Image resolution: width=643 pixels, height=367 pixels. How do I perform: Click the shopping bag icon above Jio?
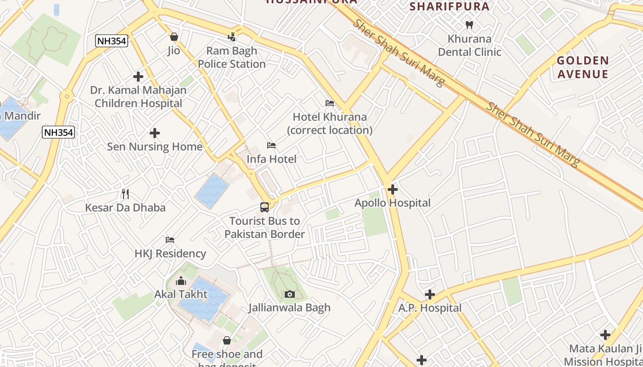[174, 37]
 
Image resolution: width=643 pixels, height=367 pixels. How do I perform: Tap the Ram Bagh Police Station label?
[231, 57]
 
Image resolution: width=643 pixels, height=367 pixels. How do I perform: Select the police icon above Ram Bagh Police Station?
[232, 37]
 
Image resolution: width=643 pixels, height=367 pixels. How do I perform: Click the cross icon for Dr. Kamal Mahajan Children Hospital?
[138, 77]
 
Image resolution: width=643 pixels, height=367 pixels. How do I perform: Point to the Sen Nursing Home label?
[154, 147]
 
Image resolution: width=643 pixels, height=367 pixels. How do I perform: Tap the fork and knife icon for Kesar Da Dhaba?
[125, 194]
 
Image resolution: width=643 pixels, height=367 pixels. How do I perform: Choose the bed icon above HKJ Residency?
[170, 240]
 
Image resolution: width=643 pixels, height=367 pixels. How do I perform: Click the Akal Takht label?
[180, 294]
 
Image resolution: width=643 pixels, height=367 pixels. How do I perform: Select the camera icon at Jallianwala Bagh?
[289, 294]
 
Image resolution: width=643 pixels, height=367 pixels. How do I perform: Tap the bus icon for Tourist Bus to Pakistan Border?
[265, 207]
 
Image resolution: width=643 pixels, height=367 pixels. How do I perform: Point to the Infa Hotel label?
[271, 159]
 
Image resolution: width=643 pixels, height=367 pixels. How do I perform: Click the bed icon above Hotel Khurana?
[329, 103]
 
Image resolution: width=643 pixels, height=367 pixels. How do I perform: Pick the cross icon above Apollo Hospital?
[392, 189]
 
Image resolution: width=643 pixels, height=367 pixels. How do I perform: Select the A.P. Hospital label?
[429, 308]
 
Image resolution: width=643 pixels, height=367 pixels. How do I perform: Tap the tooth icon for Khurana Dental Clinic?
[469, 25]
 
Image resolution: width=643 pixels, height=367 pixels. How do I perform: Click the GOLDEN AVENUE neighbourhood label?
[582, 67]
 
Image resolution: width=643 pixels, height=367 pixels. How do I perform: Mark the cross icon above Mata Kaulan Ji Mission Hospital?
[605, 335]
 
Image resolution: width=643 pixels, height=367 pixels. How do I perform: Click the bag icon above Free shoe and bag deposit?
[226, 340]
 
